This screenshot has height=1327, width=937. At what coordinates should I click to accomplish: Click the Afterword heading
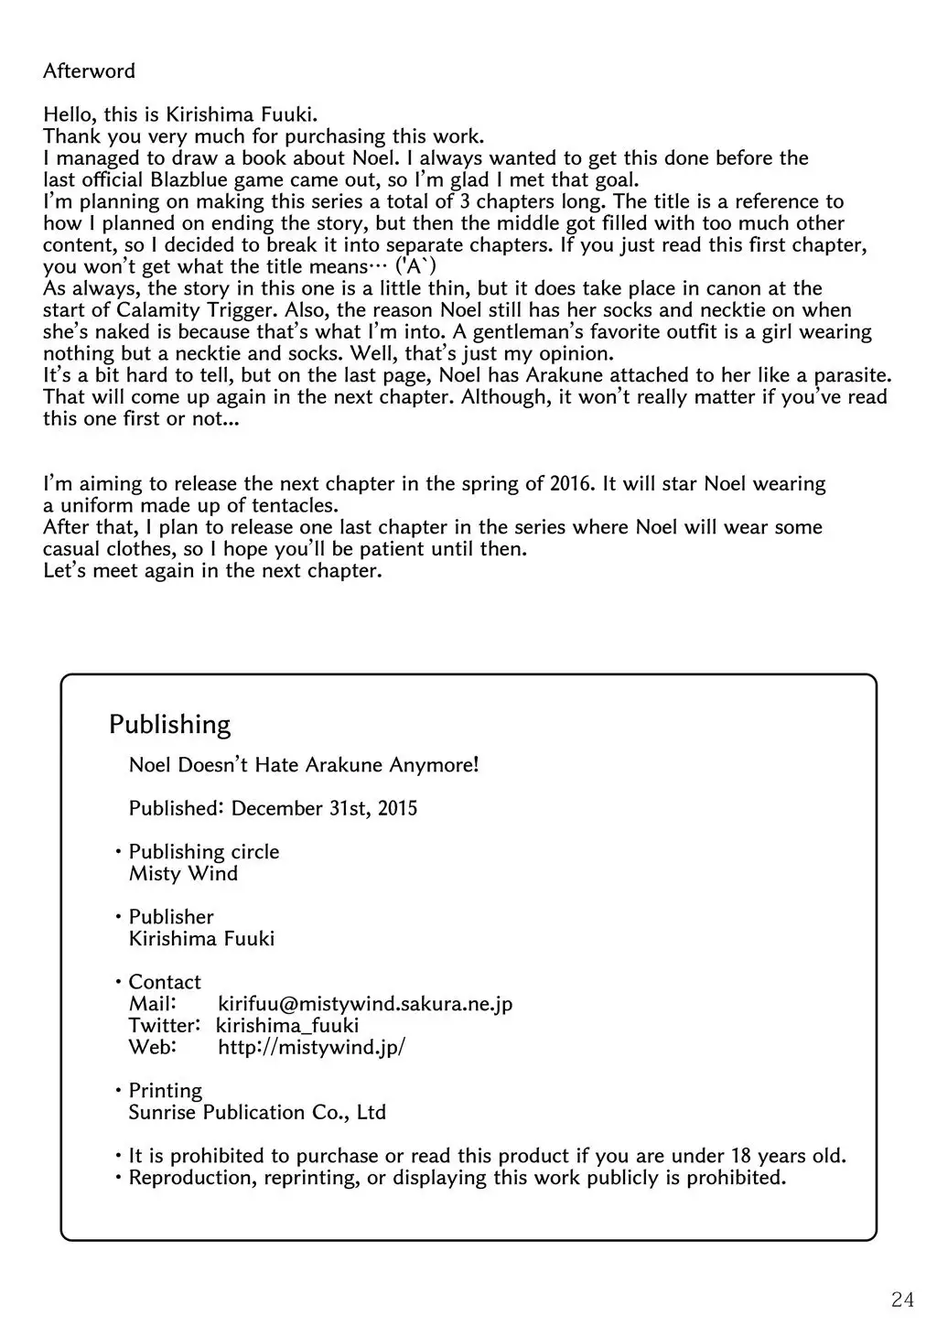[89, 70]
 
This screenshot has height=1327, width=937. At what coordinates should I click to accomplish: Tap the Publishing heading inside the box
[169, 724]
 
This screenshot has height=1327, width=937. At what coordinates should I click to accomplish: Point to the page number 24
[902, 1299]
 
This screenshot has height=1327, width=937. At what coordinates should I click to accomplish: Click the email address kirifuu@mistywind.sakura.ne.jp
[365, 1003]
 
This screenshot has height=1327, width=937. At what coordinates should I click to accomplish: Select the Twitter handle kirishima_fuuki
[287, 1025]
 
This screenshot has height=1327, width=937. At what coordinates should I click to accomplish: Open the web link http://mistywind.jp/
[311, 1047]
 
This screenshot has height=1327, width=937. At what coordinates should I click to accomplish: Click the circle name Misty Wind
[183, 873]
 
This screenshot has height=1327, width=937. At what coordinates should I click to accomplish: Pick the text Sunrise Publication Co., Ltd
[257, 1112]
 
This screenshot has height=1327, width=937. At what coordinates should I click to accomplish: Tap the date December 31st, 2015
[324, 808]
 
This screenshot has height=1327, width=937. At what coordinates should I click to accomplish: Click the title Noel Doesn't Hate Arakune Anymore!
[304, 764]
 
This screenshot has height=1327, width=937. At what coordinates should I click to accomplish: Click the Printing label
[165, 1090]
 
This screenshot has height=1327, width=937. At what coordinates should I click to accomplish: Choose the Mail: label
[152, 1003]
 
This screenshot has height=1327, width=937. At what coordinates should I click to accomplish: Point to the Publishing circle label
[203, 851]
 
